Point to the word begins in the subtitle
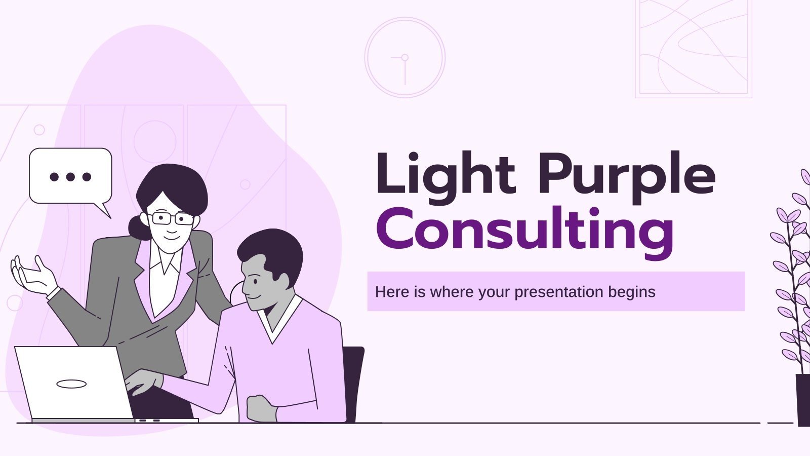(633, 292)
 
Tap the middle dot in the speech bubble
(70, 177)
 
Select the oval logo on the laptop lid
(71, 384)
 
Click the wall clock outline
(405, 57)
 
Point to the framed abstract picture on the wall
(694, 48)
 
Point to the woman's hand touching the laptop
(144, 381)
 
